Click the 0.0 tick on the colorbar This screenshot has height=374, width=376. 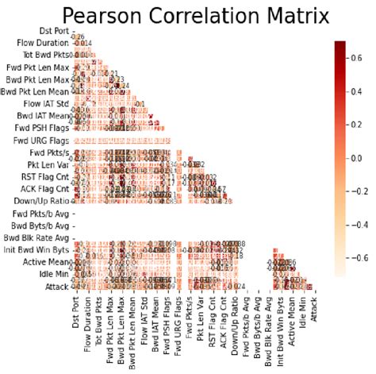(359, 159)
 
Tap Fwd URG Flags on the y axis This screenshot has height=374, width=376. (36, 140)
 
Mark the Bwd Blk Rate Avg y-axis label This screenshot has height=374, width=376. (35, 237)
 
